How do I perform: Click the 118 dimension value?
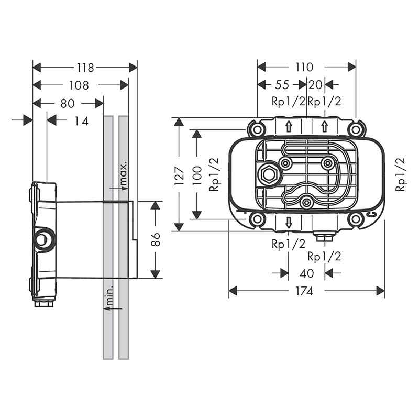84,68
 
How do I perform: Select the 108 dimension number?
79,85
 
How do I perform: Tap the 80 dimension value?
68,104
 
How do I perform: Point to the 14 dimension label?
81,121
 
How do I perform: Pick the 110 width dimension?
304,67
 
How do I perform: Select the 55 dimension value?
282,85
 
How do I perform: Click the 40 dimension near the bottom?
307,273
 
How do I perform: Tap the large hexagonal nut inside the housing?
268,174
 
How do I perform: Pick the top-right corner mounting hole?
356,129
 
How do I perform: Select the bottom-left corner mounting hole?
257,219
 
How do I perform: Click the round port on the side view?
43,239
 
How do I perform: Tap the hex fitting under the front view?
325,237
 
